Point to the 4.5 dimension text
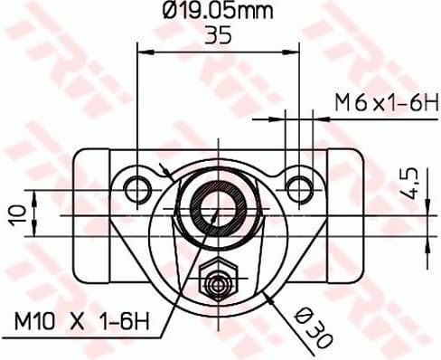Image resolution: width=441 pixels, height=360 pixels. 410,183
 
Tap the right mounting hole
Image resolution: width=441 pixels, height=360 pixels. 298,188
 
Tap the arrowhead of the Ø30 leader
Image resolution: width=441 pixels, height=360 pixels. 267,294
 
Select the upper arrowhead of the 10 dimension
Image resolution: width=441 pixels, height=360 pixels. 34,195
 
